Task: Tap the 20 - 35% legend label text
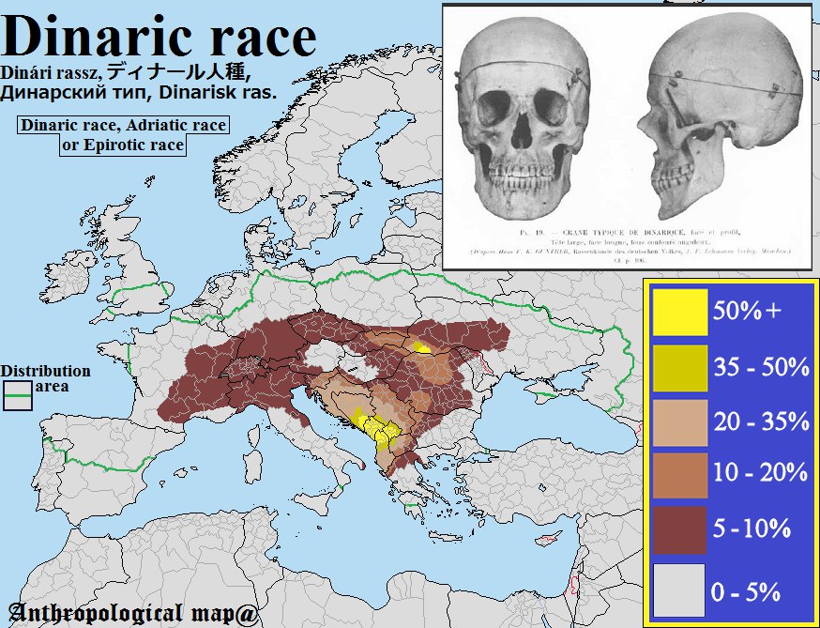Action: pos(761,421)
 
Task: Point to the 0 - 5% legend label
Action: pos(747,591)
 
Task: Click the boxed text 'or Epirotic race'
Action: pos(122,146)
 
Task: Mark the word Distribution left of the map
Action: pos(45,371)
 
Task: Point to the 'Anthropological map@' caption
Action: pos(134,611)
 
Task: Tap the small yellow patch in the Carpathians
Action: pos(422,346)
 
